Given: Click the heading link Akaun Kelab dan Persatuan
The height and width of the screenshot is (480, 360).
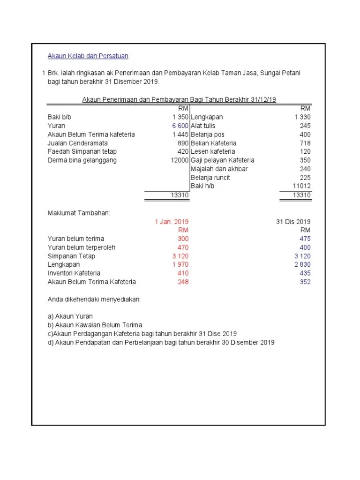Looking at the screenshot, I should tap(88, 56).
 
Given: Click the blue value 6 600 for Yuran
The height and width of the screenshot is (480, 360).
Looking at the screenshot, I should tap(180, 126).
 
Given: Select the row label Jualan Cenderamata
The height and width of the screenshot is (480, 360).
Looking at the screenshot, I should tap(77, 143).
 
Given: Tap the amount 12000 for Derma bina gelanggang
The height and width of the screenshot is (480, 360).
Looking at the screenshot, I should tap(180, 160).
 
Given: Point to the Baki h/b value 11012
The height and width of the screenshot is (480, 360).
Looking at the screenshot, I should tap(301, 186).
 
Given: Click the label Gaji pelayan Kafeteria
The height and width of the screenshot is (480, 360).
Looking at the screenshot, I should tap(222, 160).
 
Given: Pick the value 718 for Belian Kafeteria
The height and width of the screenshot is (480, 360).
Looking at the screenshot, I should tap(305, 143).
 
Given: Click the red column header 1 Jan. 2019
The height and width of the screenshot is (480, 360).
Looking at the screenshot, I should tap(172, 222).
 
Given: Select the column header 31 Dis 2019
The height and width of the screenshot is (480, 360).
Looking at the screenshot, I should tap(293, 222).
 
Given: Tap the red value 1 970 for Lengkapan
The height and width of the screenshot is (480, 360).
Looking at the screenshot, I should tap(180, 264).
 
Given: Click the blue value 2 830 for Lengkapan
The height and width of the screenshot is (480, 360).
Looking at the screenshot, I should tap(302, 264).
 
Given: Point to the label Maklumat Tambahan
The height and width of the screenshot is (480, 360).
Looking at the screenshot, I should tap(78, 213).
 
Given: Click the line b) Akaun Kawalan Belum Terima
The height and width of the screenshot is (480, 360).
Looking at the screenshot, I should tap(95, 325).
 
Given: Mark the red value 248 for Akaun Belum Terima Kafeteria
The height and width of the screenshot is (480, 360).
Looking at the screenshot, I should tap(183, 282).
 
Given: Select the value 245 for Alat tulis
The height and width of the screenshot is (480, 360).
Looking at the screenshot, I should tap(305, 126).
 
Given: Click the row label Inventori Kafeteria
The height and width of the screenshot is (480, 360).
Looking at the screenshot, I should tap(74, 273).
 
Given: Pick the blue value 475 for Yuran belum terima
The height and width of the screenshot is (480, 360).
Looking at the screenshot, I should tap(305, 239).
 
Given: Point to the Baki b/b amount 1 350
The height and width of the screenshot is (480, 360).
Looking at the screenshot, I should tap(180, 117).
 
